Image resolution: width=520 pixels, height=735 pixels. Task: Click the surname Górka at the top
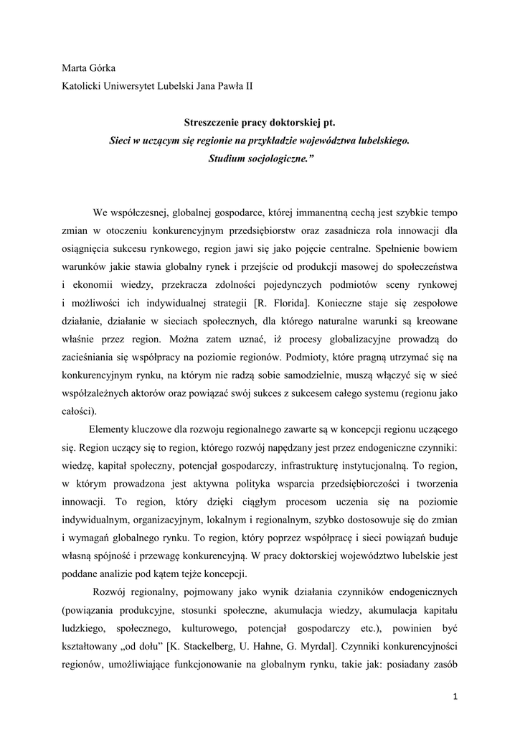tap(102, 68)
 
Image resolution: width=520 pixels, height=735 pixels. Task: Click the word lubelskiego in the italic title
tap(381, 141)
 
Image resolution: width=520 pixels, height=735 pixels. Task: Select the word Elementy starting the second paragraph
tap(110, 429)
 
